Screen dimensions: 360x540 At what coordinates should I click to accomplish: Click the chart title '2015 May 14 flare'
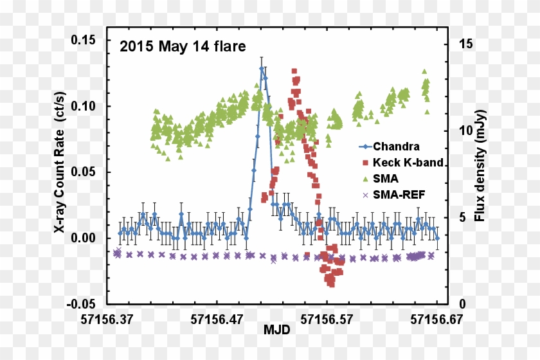182,46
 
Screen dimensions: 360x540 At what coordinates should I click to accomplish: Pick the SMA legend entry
385,178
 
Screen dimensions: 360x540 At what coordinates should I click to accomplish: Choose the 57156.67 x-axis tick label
437,318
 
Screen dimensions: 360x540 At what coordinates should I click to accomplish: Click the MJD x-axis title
276,330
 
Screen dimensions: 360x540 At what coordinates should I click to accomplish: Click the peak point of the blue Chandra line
262,68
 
